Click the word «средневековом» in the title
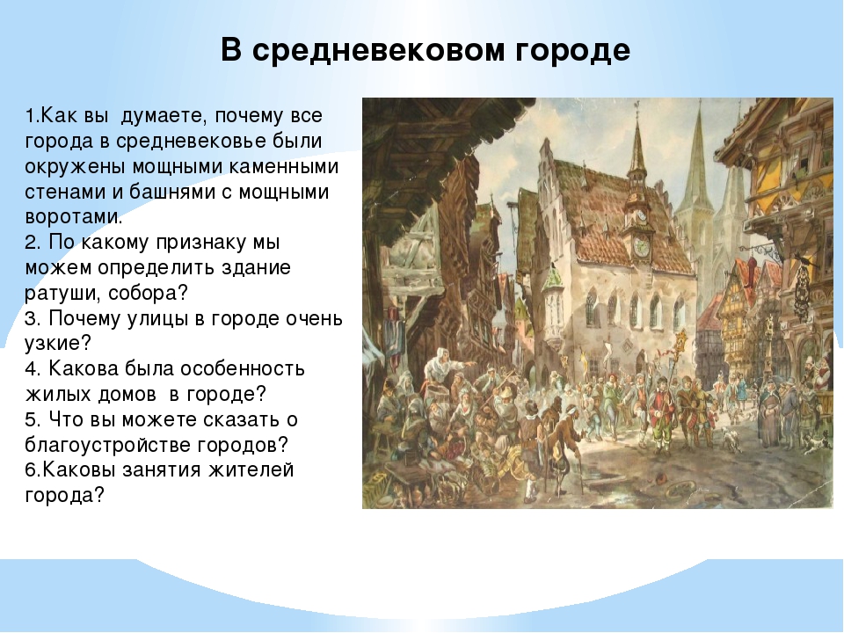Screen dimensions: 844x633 (378, 51)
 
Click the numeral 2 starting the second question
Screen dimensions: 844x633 (32, 243)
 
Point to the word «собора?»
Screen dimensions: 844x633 (149, 294)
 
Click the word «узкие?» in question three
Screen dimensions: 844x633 (58, 344)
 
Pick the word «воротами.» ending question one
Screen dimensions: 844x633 (74, 217)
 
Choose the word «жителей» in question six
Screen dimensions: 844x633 (251, 469)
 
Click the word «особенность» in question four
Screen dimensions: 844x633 (243, 368)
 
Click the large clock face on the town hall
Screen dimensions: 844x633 (641, 247)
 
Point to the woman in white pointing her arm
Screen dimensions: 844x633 (441, 366)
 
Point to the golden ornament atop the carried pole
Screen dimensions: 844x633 (681, 342)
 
